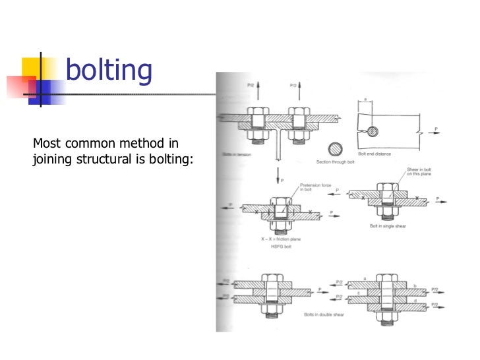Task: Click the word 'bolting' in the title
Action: click(109, 71)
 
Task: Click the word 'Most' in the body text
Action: click(46, 143)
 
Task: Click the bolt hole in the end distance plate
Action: click(373, 132)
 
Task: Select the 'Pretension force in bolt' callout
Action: click(313, 189)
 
